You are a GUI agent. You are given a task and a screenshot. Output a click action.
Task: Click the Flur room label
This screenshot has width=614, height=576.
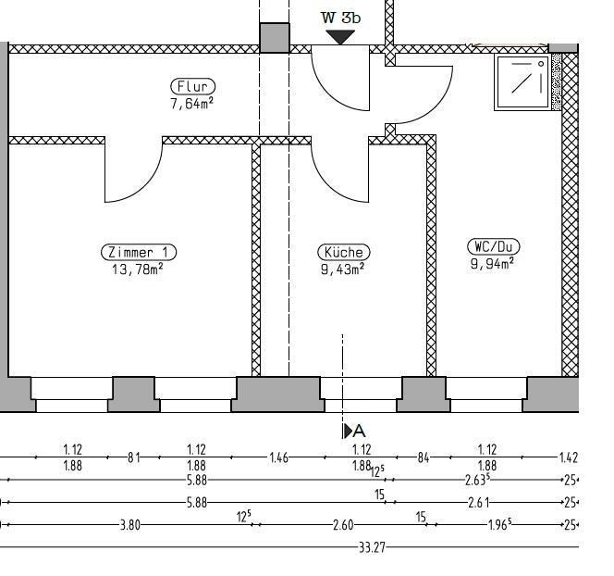coord(192,87)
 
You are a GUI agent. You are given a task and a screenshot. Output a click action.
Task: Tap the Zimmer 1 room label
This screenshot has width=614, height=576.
coord(138,252)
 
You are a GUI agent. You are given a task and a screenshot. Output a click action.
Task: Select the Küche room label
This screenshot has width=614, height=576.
coord(343,252)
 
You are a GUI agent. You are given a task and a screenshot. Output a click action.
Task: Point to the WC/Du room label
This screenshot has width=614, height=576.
coord(493,246)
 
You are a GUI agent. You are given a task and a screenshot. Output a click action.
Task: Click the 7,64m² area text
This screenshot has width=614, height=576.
coord(192,103)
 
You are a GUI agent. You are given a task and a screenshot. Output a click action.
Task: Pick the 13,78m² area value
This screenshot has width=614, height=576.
coord(138,269)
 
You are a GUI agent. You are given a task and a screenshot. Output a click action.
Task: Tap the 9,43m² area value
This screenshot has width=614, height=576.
coord(343,269)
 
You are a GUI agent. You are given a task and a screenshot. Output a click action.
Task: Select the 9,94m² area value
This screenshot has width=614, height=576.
coord(493,262)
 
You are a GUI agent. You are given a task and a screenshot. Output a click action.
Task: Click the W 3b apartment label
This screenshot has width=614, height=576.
coord(340,17)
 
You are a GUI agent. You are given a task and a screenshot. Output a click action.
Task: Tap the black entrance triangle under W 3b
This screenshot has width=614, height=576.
coord(340,37)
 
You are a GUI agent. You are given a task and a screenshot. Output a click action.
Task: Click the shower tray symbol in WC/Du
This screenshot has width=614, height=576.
coord(522,82)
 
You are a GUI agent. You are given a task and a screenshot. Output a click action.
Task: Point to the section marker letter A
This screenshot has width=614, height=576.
coord(360,431)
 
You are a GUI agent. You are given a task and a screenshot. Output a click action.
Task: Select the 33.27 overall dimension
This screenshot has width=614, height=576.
coord(372,547)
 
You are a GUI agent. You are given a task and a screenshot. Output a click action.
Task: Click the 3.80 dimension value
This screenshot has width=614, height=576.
coord(130,525)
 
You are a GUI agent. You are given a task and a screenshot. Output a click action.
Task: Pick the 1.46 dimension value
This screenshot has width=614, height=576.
coord(278,457)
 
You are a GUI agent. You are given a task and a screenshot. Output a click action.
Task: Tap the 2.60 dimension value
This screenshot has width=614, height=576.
coord(343,525)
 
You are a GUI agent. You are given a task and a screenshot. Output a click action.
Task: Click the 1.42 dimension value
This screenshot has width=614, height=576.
coord(568,457)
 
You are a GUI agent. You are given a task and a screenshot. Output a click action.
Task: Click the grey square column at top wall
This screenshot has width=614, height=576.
coord(274,38)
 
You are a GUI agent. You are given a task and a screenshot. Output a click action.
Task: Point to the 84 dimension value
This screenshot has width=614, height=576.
coord(424,457)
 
